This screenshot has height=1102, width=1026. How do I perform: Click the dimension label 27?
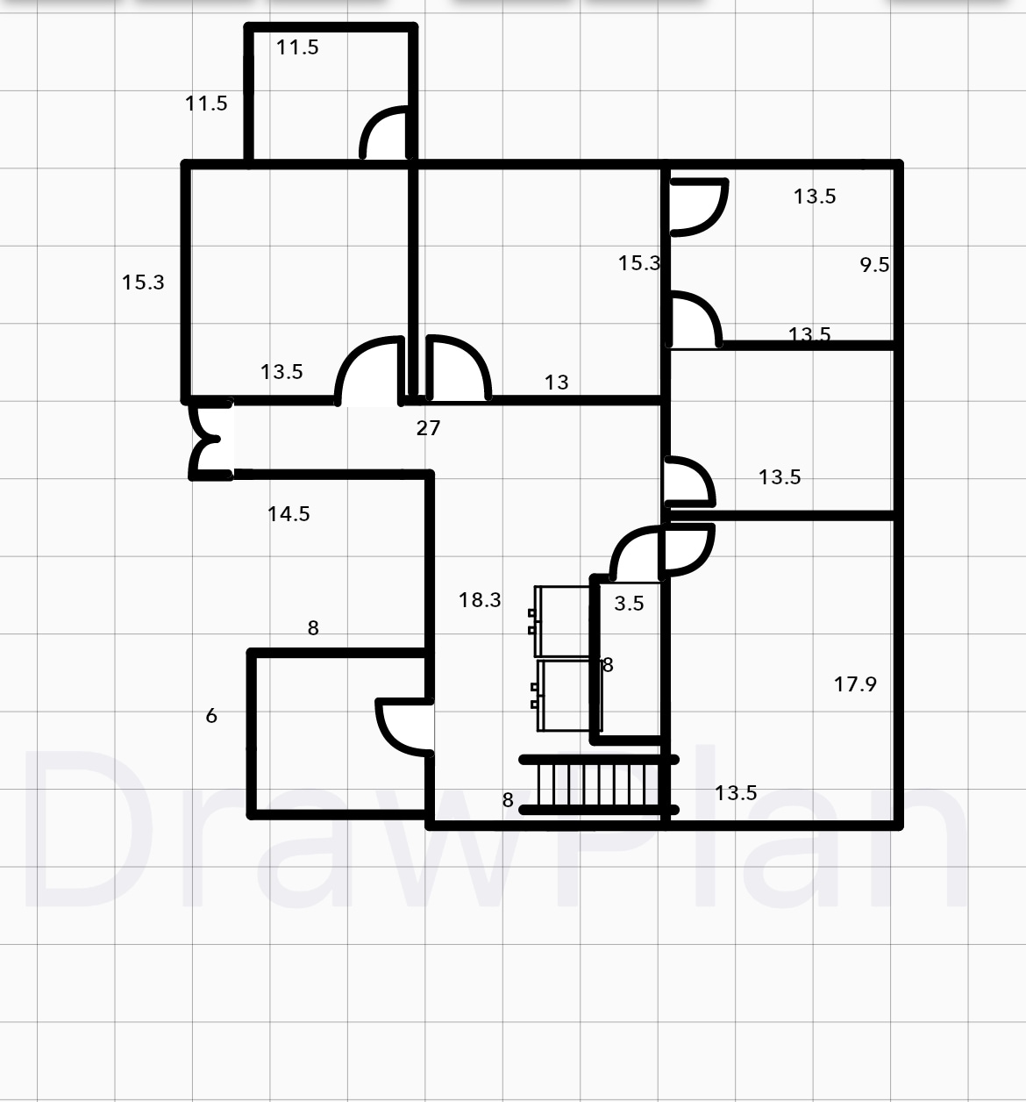pyautogui.click(x=428, y=428)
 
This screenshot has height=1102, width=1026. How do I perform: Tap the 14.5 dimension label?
pyautogui.click(x=289, y=514)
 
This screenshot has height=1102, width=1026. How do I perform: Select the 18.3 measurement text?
pyautogui.click(x=480, y=600)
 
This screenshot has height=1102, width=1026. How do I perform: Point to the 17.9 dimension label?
pyautogui.click(x=855, y=684)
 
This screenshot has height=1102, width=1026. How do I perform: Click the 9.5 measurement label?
pyautogui.click(x=874, y=265)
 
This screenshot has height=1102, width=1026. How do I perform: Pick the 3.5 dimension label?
pyautogui.click(x=629, y=604)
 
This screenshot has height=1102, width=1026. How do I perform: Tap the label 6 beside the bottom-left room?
pyautogui.click(x=211, y=716)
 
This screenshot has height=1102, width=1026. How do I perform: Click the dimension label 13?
pyautogui.click(x=556, y=383)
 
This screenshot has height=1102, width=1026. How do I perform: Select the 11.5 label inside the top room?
pyautogui.click(x=297, y=47)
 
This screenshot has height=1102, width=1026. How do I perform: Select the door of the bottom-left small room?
pyautogui.click(x=404, y=726)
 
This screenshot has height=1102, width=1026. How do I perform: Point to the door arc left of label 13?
pyautogui.click(x=457, y=369)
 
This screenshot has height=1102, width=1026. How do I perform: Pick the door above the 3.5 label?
pyautogui.click(x=637, y=555)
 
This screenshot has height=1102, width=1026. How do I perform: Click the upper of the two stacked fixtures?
pyautogui.click(x=561, y=621)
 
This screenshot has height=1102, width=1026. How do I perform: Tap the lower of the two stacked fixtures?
pyautogui.click(x=565, y=695)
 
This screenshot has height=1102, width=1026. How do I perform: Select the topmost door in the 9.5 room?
pyautogui.click(x=698, y=207)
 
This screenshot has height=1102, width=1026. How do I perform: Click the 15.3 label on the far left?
pyautogui.click(x=143, y=283)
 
